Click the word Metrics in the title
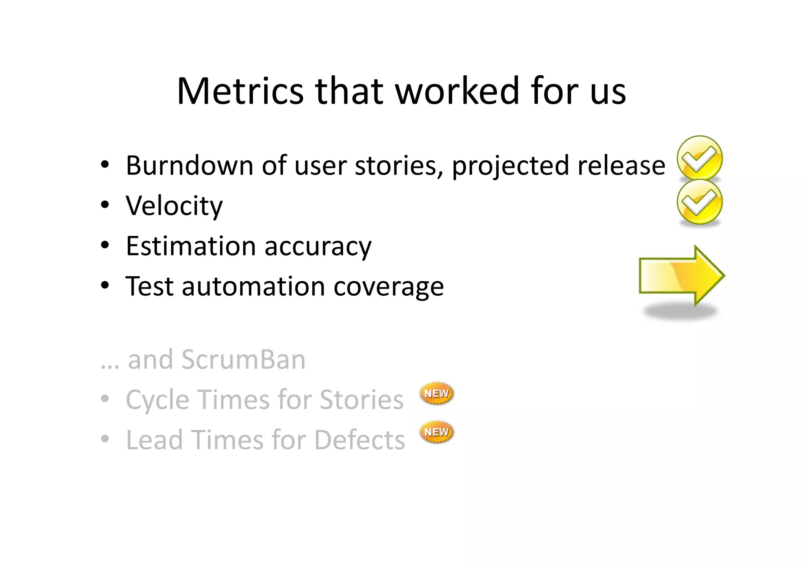[240, 91]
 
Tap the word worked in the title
[457, 91]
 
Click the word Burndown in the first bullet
[190, 165]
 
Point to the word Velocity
[174, 206]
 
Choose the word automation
[253, 286]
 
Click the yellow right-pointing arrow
[681, 275]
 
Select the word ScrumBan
[243, 359]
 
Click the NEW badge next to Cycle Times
[436, 393]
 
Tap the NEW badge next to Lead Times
[436, 432]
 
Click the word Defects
[360, 440]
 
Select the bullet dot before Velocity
[105, 205]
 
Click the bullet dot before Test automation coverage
[105, 286]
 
